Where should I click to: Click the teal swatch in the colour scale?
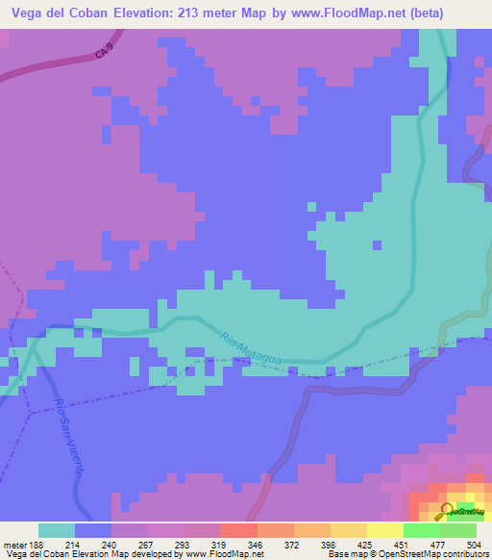pyautogui.click(x=57, y=530)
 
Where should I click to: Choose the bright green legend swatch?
pyautogui.click(x=421, y=530)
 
